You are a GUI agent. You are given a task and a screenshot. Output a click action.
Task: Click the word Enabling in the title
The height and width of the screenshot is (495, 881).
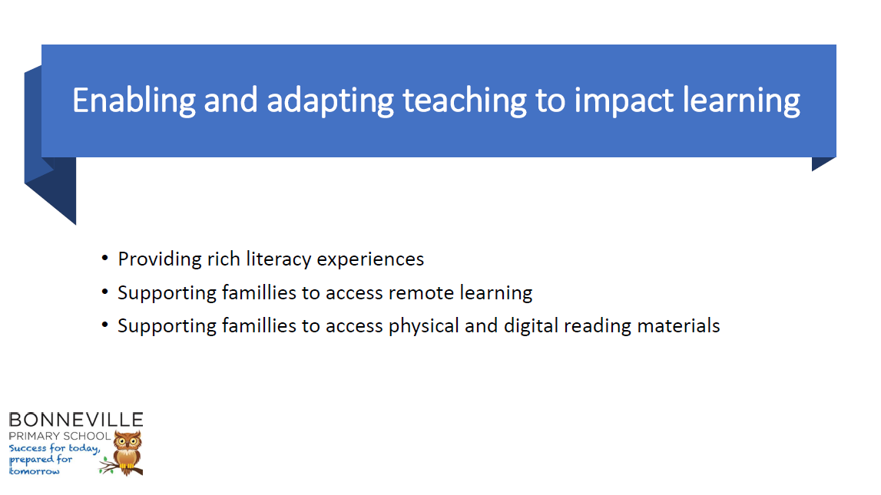pos(134,101)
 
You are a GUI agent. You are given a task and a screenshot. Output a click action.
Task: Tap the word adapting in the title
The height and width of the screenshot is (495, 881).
pos(330,102)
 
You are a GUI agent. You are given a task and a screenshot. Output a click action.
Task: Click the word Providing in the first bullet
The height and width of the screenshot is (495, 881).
pos(160,260)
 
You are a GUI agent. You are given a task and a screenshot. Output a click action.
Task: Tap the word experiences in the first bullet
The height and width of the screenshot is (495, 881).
pos(370,260)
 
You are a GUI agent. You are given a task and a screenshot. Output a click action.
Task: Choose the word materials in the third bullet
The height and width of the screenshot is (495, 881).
pos(679,326)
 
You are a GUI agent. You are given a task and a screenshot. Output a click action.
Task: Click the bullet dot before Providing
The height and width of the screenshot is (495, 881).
pos(104,258)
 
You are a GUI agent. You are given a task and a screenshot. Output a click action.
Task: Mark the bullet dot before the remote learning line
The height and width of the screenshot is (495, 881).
pos(104,292)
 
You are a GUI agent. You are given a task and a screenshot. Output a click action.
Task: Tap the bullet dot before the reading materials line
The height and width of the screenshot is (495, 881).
pos(104,325)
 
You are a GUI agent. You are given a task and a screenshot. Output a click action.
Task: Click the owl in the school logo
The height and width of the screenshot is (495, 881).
pos(127,453)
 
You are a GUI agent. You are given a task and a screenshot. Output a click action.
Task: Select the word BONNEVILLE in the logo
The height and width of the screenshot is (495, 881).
pos(76,420)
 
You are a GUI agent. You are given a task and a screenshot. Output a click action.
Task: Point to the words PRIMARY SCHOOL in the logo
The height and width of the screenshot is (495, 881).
pos(60,436)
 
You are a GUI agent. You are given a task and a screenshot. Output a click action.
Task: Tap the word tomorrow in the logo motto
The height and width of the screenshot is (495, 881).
pos(35,471)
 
